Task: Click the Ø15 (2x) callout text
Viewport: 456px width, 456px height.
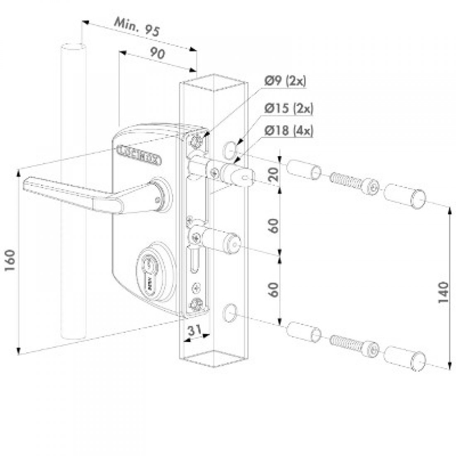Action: (x=289, y=109)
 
